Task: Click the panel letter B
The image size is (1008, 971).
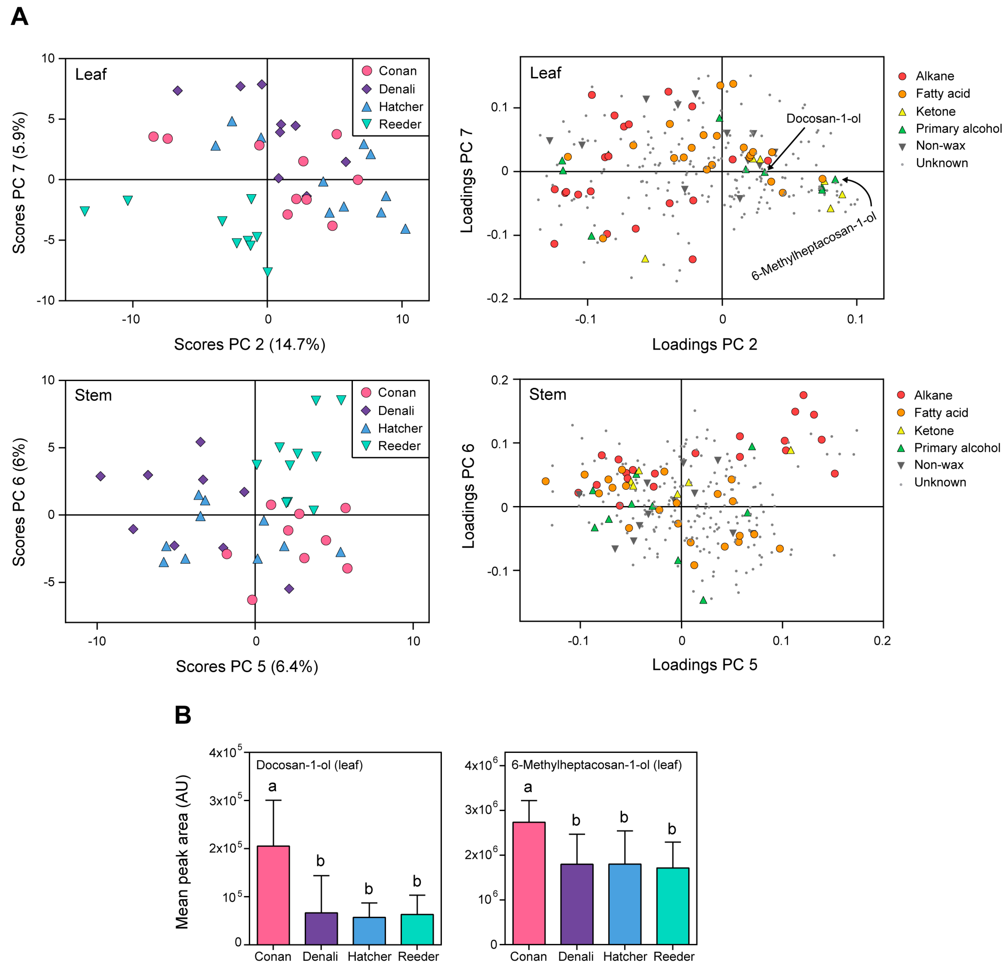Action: point(183,715)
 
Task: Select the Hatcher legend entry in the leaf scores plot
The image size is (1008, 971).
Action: point(393,107)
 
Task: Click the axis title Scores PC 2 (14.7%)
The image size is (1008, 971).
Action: point(249,344)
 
